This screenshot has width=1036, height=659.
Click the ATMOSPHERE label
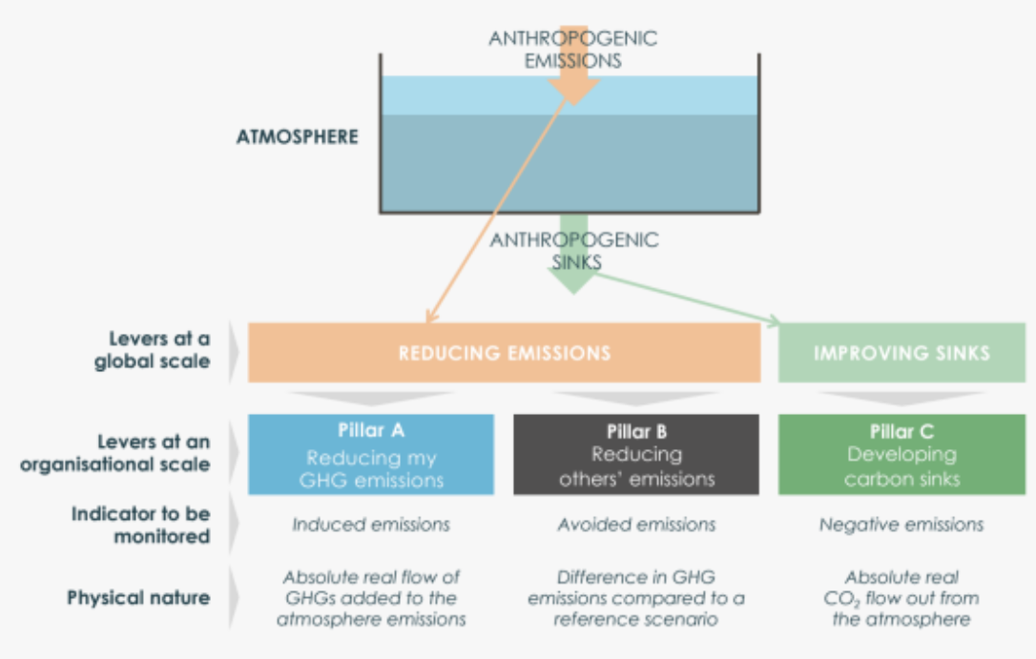298,136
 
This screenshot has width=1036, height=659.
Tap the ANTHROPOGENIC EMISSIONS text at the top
572,49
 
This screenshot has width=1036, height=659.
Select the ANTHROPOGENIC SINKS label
574,251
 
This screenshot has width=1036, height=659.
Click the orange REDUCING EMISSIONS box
504,353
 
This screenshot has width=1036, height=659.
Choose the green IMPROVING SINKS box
901,353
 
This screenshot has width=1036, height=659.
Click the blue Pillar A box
371,454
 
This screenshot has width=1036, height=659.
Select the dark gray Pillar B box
636,454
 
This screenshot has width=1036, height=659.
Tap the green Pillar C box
901,454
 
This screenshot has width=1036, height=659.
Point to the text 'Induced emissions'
371,525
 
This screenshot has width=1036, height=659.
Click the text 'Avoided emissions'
636,525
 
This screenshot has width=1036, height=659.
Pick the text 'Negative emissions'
901,525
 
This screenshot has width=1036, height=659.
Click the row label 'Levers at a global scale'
152,350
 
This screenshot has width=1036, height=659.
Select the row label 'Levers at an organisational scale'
115,453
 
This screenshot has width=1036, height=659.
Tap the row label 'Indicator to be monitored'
141,525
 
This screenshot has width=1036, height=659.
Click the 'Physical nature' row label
138,598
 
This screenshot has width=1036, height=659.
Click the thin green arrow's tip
780,322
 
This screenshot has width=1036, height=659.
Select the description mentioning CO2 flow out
901,598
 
